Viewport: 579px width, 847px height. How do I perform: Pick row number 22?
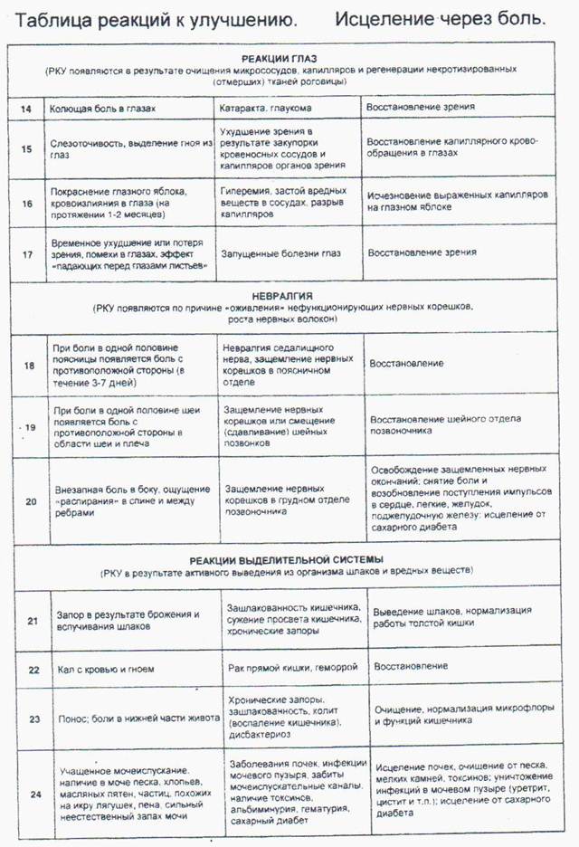[x=33, y=671]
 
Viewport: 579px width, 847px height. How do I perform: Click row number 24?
[x=33, y=795]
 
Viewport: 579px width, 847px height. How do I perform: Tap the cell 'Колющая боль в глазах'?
[x=101, y=109]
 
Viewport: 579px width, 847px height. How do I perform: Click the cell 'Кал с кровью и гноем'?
[x=99, y=671]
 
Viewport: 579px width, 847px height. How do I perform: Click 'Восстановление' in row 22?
[x=411, y=667]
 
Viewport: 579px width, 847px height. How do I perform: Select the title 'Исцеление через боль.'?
[x=440, y=18]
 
